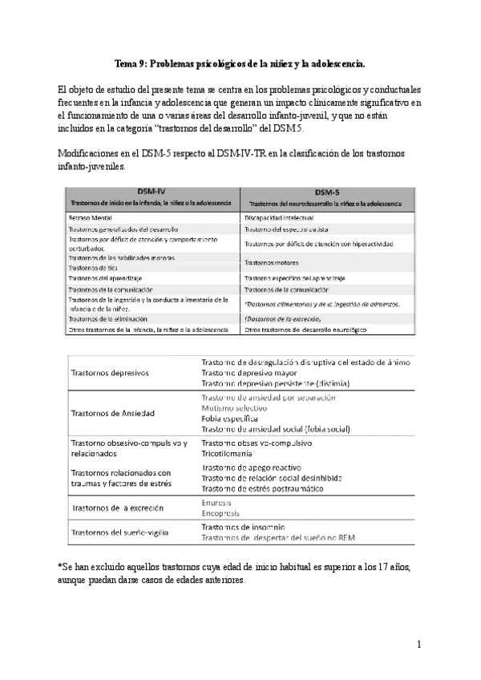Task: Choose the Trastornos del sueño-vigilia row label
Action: (139, 532)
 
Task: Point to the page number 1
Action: (418, 644)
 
